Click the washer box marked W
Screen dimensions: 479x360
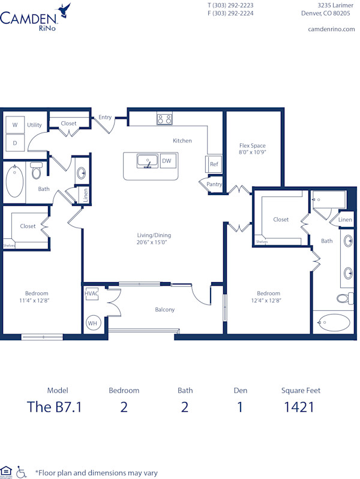pyautogui.click(x=14, y=125)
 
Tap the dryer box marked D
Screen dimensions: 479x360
pyautogui.click(x=14, y=142)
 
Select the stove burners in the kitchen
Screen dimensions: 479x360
pyautogui.click(x=164, y=119)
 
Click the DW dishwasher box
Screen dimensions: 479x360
pyautogui.click(x=166, y=161)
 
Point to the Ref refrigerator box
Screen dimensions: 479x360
pyautogui.click(x=214, y=163)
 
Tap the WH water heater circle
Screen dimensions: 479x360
pyautogui.click(x=93, y=323)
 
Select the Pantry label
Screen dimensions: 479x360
pyautogui.click(x=214, y=185)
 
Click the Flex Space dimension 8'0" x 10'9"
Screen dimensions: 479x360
pyautogui.click(x=252, y=153)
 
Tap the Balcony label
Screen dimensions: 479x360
pyautogui.click(x=164, y=310)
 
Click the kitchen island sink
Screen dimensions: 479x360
pyautogui.click(x=147, y=161)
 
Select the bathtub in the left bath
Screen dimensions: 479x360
pyautogui.click(x=15, y=181)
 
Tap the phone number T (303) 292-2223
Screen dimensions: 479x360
pyautogui.click(x=230, y=5)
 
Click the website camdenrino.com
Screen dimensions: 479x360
pyautogui.click(x=331, y=29)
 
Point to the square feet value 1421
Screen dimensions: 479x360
pyautogui.click(x=300, y=408)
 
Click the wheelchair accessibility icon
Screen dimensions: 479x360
pyautogui.click(x=22, y=471)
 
